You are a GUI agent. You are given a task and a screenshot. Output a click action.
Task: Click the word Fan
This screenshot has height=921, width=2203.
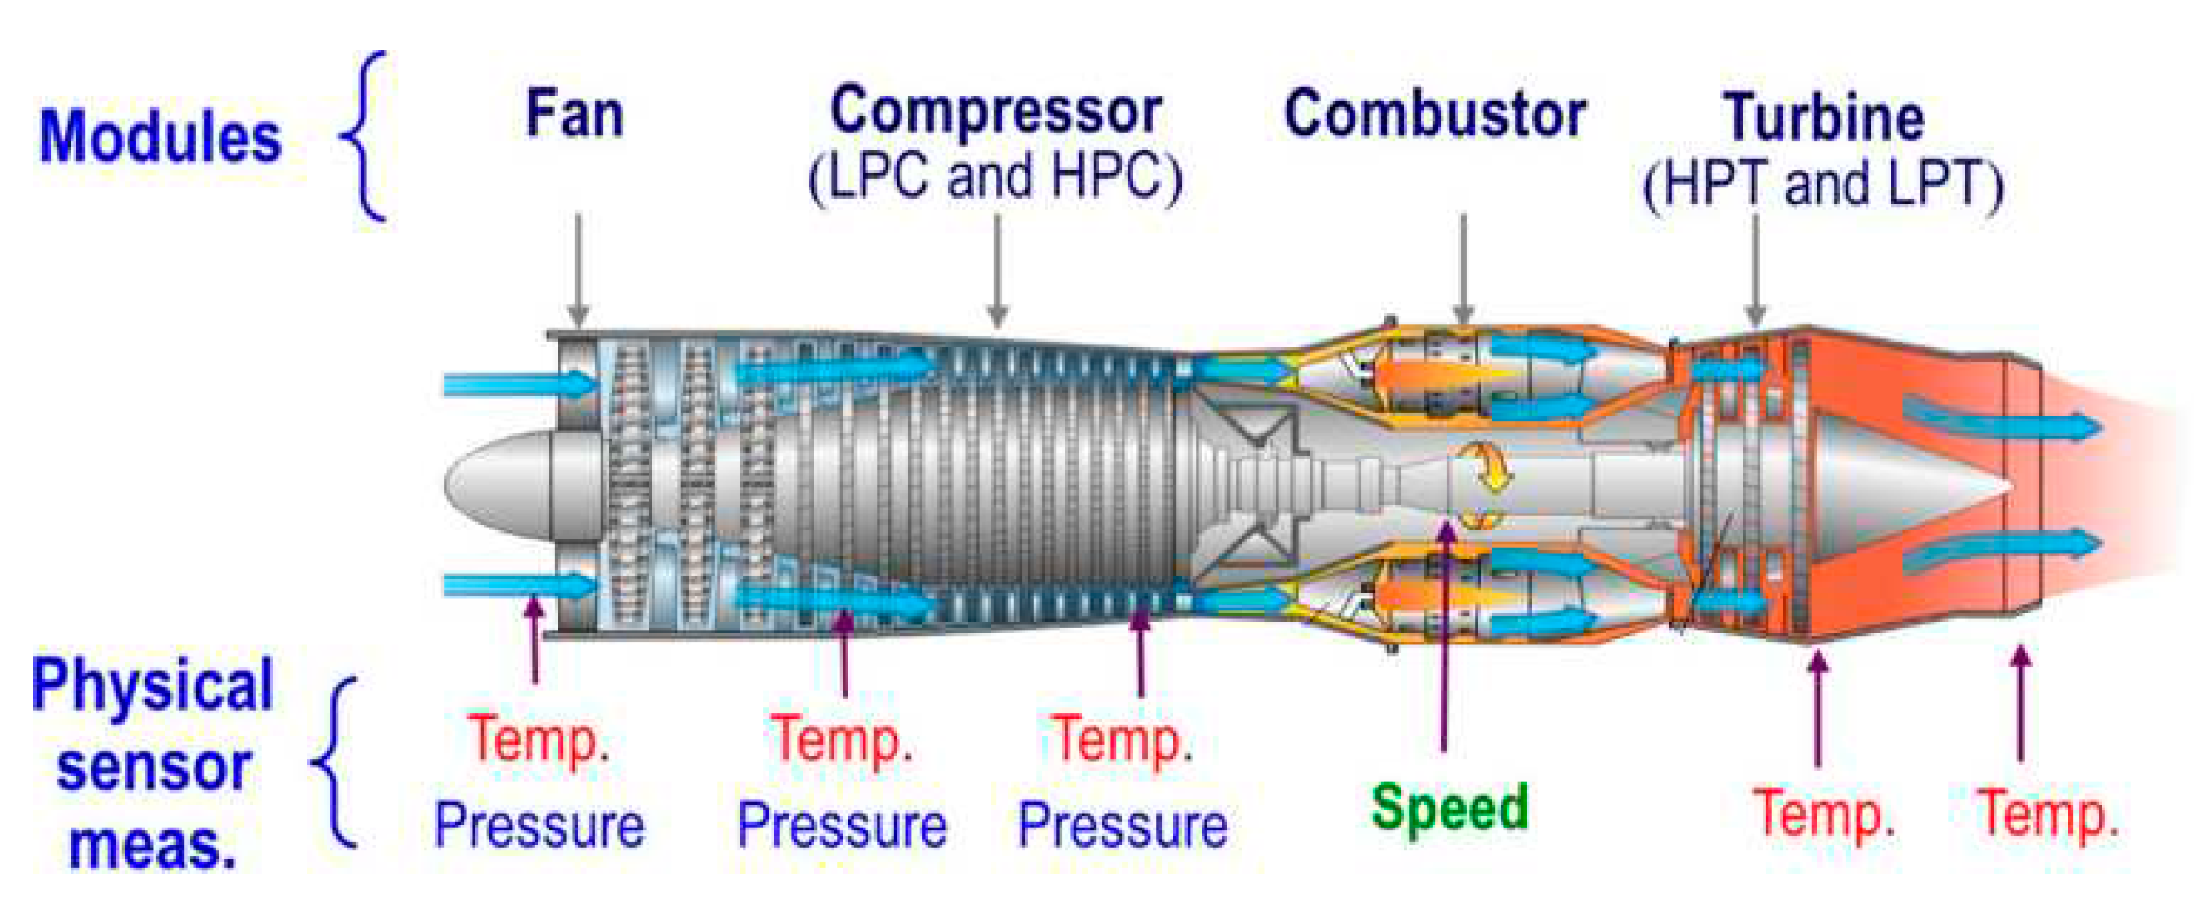(x=574, y=115)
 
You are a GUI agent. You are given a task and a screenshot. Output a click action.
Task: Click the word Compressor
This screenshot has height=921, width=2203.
(x=996, y=111)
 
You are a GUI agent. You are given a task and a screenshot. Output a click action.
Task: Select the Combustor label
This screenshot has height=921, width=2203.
(x=1435, y=115)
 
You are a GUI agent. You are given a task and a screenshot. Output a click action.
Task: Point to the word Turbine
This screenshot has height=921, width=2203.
(x=1823, y=118)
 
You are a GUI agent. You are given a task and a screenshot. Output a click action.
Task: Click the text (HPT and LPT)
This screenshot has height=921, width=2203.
(x=1822, y=185)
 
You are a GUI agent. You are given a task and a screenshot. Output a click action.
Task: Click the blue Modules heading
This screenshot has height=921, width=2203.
(x=160, y=137)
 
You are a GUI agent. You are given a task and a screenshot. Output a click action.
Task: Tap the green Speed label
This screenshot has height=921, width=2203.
(x=1448, y=807)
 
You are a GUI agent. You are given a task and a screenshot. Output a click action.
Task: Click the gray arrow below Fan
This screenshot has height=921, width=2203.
(x=578, y=269)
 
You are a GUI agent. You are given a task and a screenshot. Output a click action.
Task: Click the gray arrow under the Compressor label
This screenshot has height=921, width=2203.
(x=997, y=269)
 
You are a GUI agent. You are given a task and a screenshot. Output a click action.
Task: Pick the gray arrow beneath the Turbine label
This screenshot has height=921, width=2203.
(x=1756, y=269)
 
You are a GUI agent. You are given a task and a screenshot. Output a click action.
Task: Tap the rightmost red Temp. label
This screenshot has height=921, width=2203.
(x=2048, y=814)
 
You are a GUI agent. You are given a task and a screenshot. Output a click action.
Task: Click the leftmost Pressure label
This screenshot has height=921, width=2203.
(x=538, y=826)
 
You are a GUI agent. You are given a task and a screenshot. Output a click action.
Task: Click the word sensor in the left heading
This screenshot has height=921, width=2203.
(x=153, y=767)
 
